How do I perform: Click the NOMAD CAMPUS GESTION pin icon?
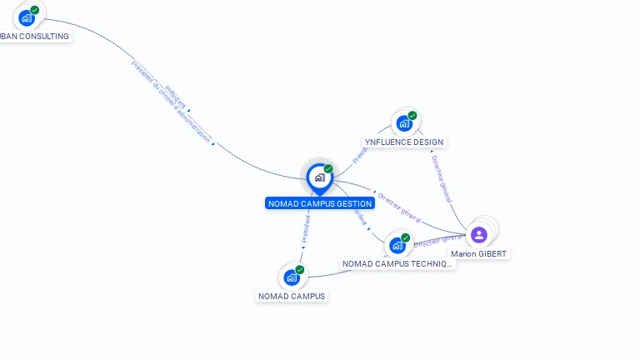(x=319, y=177)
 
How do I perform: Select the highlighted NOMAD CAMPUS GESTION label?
(x=320, y=203)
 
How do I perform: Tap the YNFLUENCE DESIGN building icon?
(x=404, y=123)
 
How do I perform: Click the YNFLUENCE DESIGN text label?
(x=404, y=142)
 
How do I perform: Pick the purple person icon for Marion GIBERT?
(x=478, y=234)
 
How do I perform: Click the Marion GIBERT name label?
(x=478, y=254)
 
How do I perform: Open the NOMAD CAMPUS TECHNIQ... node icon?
(x=397, y=245)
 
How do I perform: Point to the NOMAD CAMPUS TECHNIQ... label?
(x=398, y=264)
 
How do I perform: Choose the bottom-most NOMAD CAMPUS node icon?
(x=291, y=277)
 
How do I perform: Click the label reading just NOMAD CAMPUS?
(x=292, y=296)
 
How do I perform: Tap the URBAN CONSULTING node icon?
(x=27, y=17)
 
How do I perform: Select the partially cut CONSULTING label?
(x=33, y=37)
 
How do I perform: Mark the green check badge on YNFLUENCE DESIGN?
(x=412, y=116)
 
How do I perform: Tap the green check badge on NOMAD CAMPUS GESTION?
(x=328, y=169)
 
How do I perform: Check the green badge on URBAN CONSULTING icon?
(x=35, y=10)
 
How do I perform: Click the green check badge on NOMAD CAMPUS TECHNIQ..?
(x=406, y=237)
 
